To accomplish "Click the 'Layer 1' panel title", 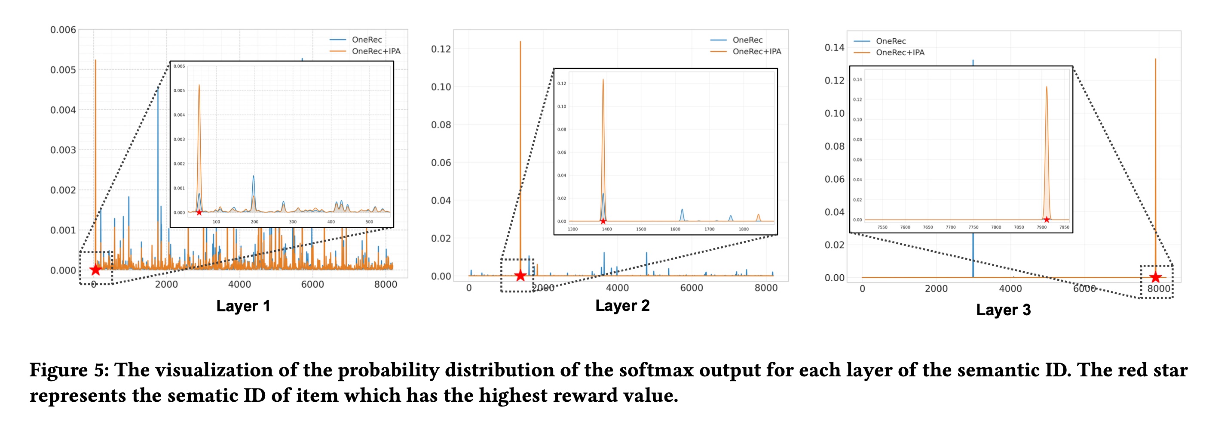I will (243, 306).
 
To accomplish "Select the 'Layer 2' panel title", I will (622, 306).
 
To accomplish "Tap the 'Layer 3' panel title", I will (1003, 310).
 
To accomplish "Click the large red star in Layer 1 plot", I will (95, 270).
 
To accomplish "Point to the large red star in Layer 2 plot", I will (520, 275).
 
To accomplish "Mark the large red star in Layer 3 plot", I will (1155, 277).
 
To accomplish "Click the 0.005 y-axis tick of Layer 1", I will (63, 70).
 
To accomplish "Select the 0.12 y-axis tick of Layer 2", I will (441, 49).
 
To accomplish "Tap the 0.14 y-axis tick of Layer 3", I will (834, 47).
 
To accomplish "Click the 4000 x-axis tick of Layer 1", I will (239, 285).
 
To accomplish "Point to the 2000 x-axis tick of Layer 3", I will (936, 289).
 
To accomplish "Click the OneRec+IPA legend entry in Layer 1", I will (376, 51).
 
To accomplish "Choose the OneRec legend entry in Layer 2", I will (747, 40).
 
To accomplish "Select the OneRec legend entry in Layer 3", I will (891, 41).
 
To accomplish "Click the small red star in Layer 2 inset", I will (603, 221).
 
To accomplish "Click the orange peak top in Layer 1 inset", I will (199, 86).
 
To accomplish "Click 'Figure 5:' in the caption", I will (69, 370).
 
